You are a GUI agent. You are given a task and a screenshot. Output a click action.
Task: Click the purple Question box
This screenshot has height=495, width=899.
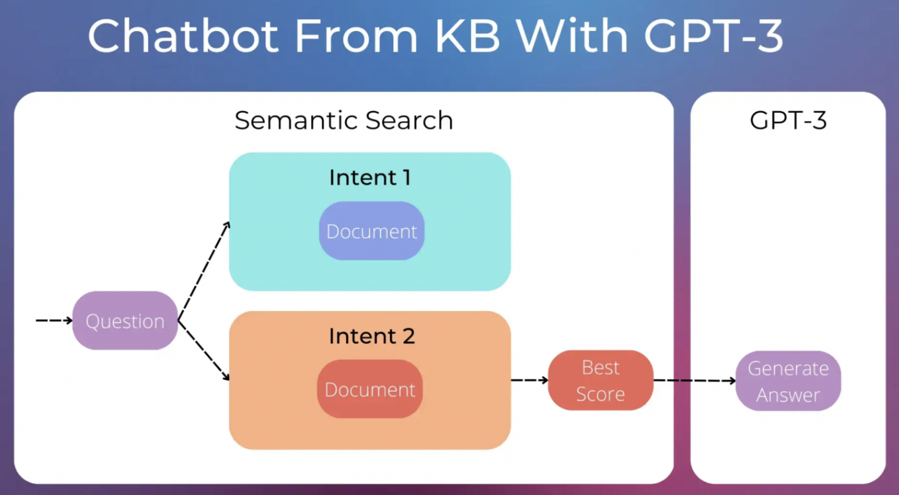pyautogui.click(x=125, y=321)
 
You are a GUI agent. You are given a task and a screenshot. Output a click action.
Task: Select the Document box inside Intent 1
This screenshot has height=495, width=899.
pyautogui.click(x=371, y=231)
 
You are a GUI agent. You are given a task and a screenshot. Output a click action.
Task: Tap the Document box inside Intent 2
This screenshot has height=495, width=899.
pyautogui.click(x=370, y=389)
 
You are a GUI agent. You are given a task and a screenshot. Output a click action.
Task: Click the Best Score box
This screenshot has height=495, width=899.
pyautogui.click(x=600, y=381)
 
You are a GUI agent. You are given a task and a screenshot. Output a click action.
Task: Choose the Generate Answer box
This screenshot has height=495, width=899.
pyautogui.click(x=788, y=381)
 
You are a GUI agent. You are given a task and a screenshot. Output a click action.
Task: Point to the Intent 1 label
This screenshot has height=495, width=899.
pyautogui.click(x=370, y=177)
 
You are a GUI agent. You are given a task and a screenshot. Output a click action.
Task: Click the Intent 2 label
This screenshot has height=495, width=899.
pyautogui.click(x=371, y=336)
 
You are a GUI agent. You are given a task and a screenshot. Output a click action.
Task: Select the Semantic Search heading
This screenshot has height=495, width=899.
pyautogui.click(x=344, y=120)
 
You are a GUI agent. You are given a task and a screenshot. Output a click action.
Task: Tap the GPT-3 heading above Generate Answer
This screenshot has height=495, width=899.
pyautogui.click(x=788, y=120)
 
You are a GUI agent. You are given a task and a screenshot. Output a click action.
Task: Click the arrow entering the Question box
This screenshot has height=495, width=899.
pyautogui.click(x=54, y=320)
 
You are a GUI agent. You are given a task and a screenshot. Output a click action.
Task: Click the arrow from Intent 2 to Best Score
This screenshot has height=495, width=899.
pyautogui.click(x=529, y=380)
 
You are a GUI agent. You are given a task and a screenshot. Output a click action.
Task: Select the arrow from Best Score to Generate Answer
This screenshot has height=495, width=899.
pyautogui.click(x=694, y=381)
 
